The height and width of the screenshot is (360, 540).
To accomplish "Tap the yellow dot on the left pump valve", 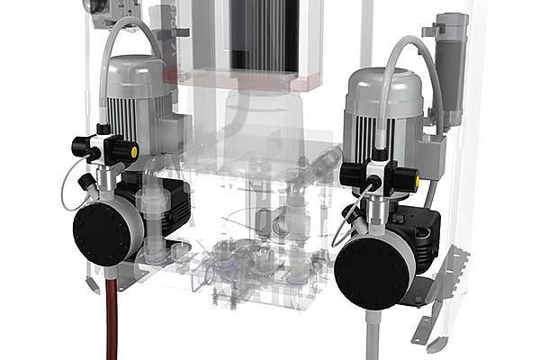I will click(x=134, y=153).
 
